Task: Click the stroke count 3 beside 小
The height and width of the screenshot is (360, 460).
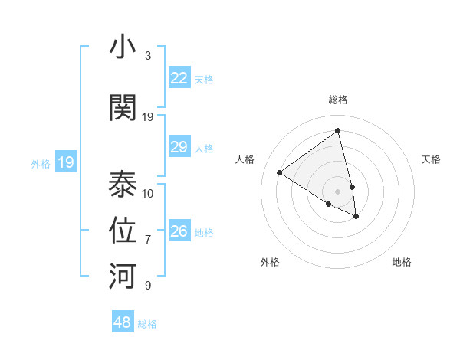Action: click(147, 56)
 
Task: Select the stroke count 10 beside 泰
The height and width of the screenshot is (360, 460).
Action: click(148, 193)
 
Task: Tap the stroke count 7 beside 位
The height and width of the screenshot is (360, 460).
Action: click(147, 240)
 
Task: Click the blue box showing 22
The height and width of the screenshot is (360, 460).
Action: click(179, 78)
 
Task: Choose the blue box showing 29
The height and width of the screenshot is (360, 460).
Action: click(179, 147)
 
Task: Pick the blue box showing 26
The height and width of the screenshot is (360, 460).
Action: click(179, 231)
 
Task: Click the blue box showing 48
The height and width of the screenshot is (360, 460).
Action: click(123, 322)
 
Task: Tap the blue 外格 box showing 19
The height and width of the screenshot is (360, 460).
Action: click(65, 162)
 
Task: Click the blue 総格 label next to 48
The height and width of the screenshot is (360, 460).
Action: click(147, 324)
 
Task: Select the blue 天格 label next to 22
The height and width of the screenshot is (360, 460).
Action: click(204, 80)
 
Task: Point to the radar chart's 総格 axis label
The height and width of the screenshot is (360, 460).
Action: click(337, 100)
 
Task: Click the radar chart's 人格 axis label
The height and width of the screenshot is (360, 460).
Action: click(245, 159)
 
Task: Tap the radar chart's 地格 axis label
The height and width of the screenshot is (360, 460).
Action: click(402, 262)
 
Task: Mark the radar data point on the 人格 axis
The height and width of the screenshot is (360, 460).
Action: click(279, 173)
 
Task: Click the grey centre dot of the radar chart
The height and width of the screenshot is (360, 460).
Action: click(337, 191)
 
